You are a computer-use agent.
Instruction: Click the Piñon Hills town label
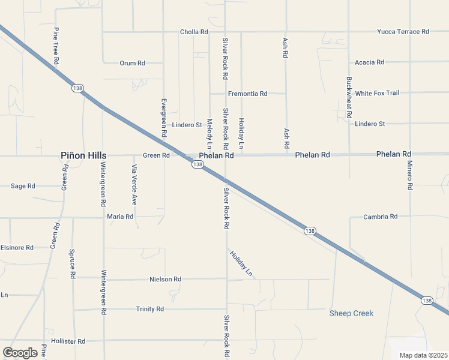coord(83,155)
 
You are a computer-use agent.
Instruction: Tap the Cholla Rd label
coord(194,32)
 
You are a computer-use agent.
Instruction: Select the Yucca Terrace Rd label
coord(403,31)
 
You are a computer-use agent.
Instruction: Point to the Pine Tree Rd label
coord(55,46)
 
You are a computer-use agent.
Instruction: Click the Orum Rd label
coord(133,62)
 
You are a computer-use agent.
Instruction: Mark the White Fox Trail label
coord(377,93)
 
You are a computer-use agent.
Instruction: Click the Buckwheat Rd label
coord(349,97)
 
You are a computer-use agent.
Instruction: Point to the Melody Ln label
coord(209,134)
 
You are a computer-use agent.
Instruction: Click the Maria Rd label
coord(120,216)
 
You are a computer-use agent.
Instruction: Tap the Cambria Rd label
coord(381,216)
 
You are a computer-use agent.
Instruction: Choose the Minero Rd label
coord(409,175)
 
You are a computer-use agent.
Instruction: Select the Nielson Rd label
coord(165,279)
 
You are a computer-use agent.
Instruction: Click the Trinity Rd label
coord(150,309)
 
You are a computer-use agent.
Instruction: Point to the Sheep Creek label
coord(351,313)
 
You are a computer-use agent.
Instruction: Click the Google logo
coord(20,352)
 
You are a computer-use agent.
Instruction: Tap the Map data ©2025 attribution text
coord(423,355)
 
